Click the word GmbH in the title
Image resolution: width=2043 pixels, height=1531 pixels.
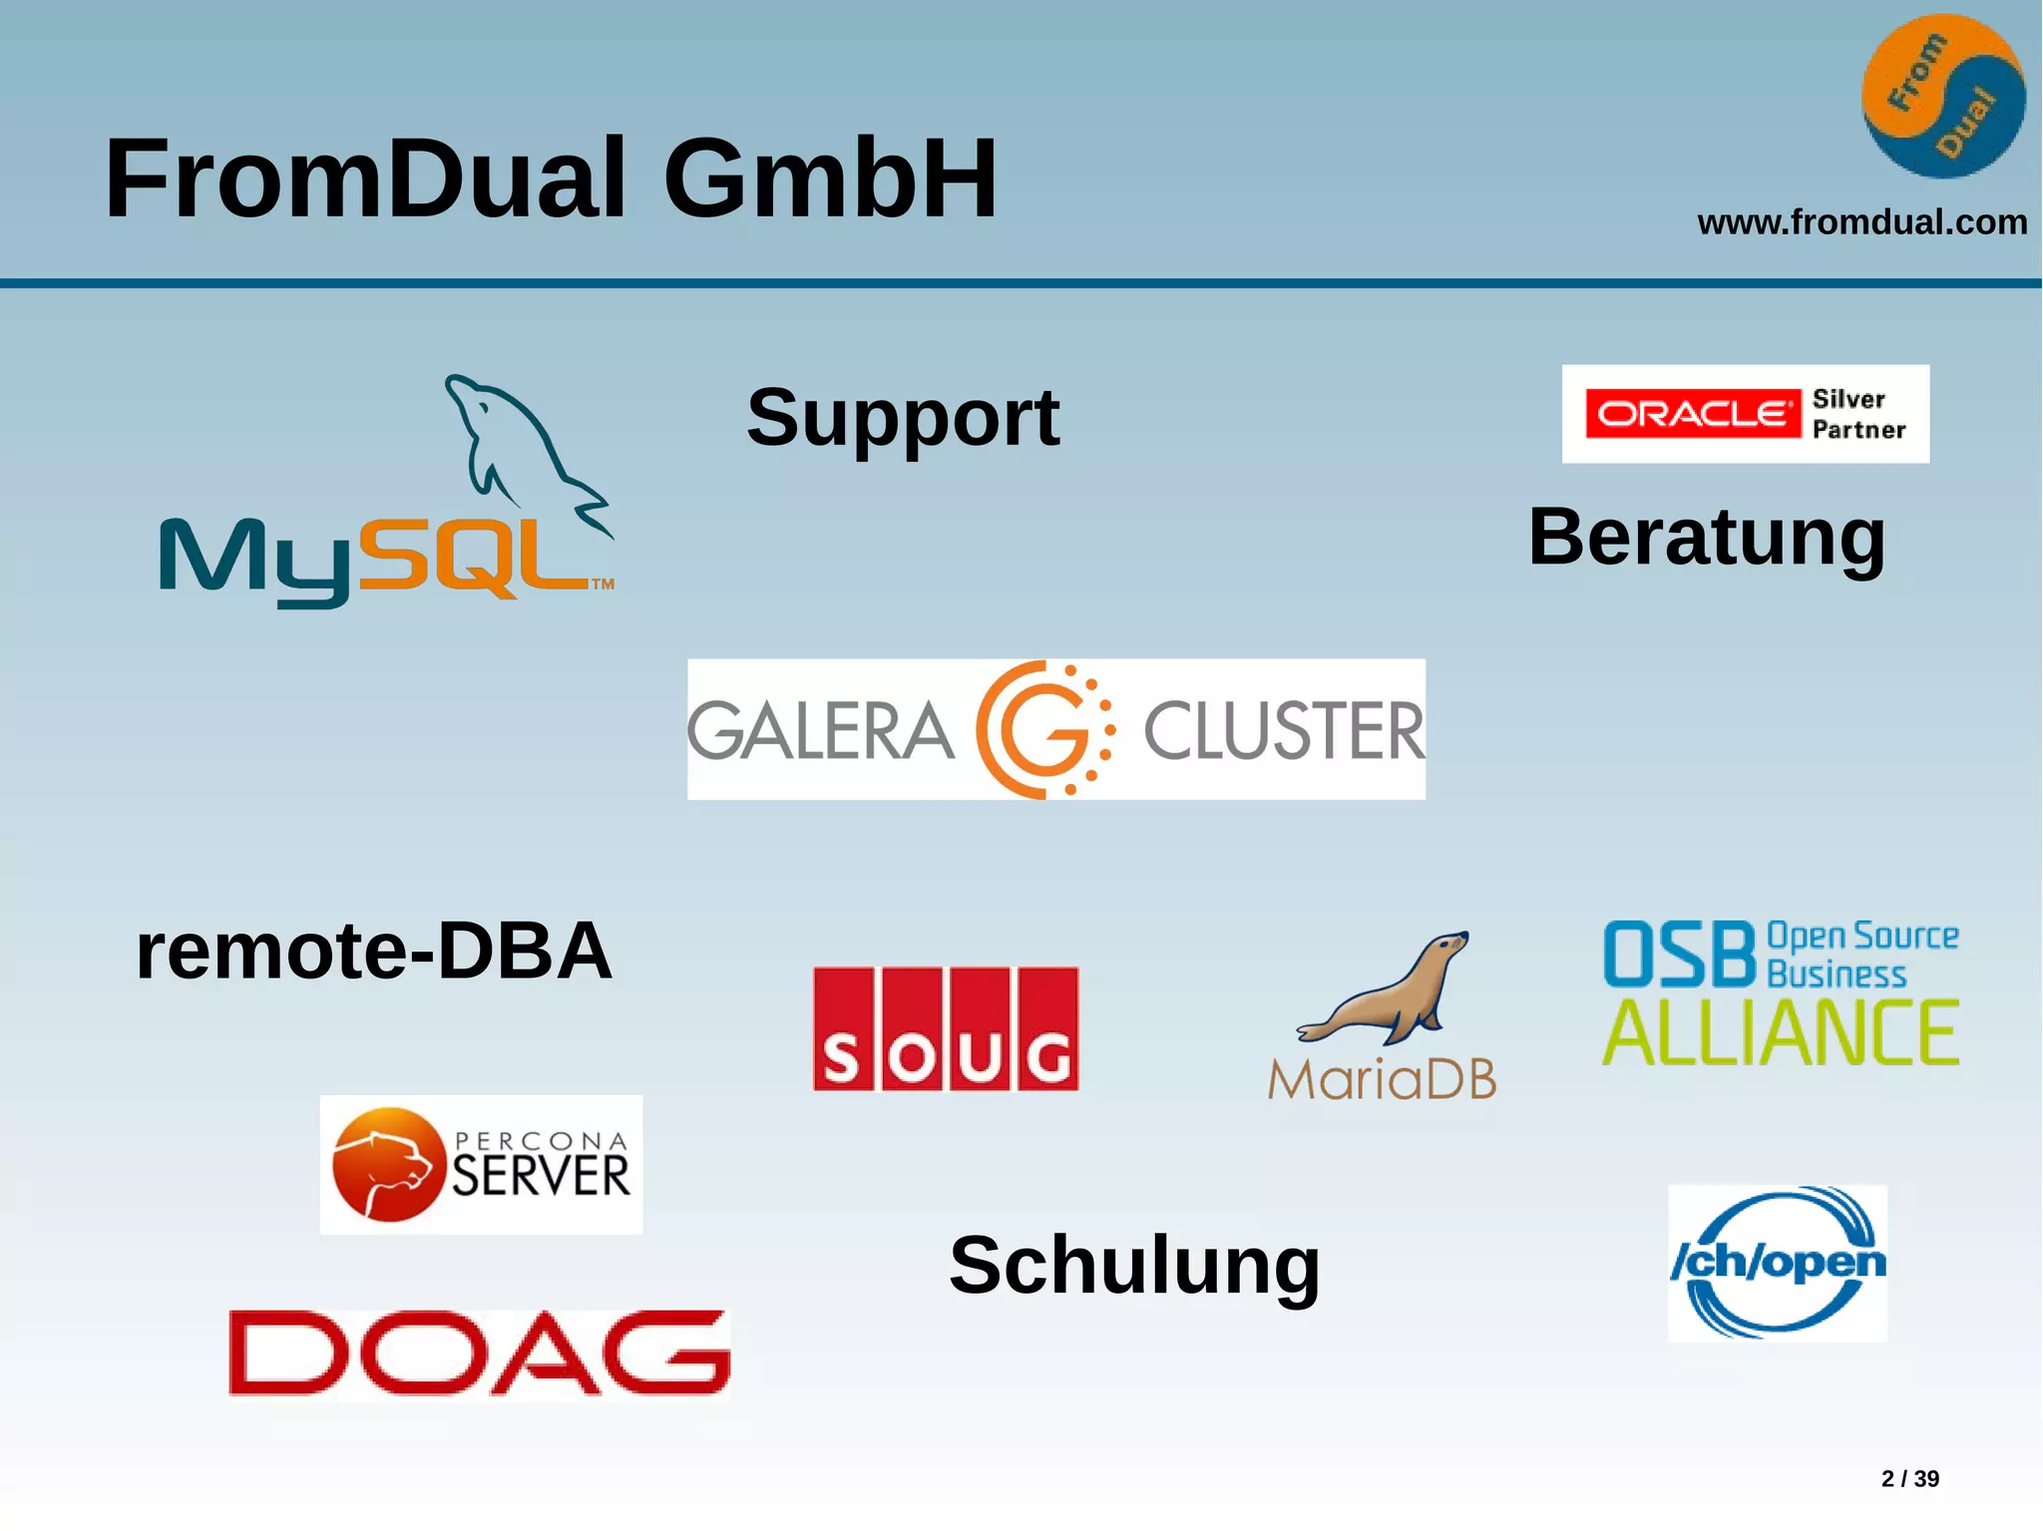coord(830,180)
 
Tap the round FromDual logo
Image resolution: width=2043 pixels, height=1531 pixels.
coord(1943,97)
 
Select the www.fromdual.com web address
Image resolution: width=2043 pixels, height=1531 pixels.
coord(1861,222)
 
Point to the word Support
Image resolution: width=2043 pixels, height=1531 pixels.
coord(903,418)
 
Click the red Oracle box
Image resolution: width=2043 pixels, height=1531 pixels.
coord(1693,414)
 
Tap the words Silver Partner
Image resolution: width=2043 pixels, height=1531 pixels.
coord(1858,414)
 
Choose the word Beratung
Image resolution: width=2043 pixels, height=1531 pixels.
coord(1707,538)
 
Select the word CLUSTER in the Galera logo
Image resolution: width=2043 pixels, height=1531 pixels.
coord(1284,731)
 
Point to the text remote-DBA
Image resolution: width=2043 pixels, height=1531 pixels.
coord(374,951)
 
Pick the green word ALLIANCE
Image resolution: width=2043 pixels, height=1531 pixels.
coord(1781,1033)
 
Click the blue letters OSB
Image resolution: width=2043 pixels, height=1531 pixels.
coord(1679,955)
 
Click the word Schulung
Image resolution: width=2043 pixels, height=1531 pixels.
coord(1134,1266)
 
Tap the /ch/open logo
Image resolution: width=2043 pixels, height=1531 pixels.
coord(1778,1263)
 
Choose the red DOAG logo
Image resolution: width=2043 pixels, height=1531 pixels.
coord(479,1352)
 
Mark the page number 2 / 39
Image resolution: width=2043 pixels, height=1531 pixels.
coord(1909,1478)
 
